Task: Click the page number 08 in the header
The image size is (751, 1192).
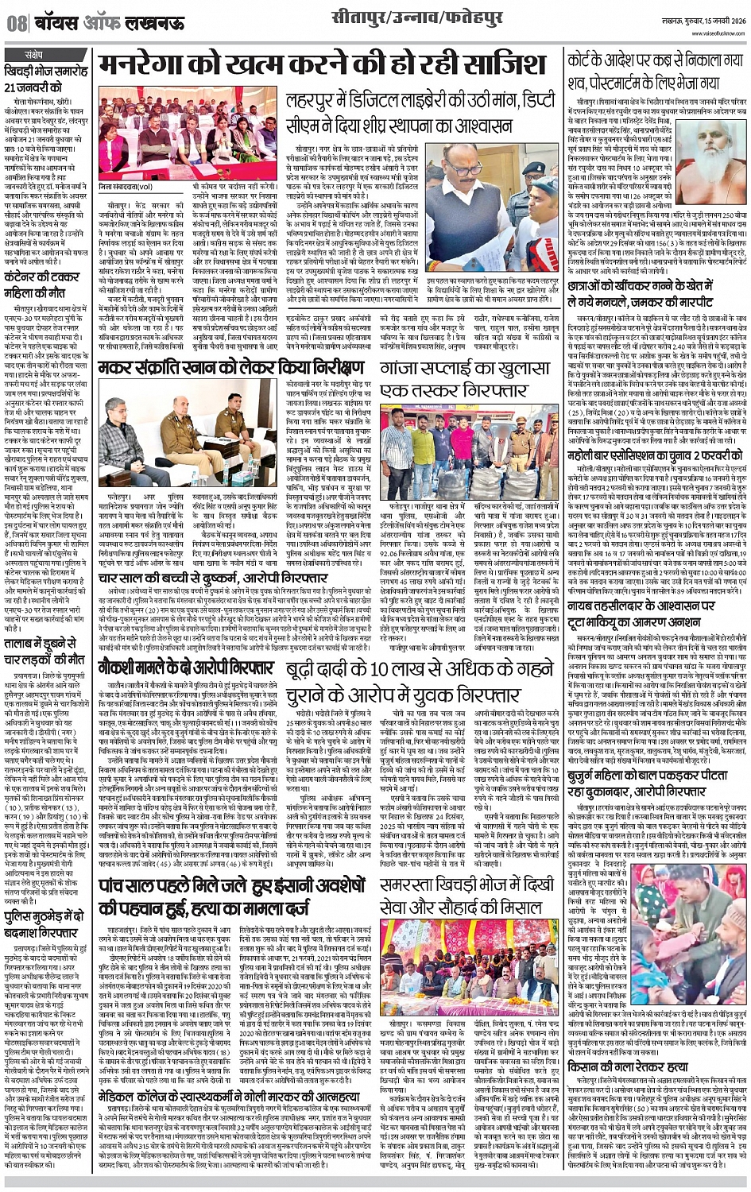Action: (15, 23)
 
